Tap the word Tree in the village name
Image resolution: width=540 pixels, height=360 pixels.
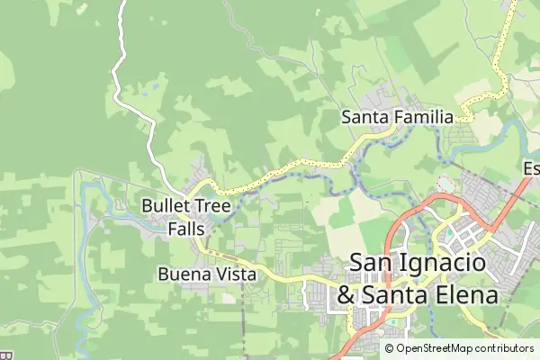[211, 206]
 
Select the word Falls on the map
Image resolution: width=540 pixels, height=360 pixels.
[186, 229]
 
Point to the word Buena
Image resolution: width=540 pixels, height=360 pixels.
[183, 274]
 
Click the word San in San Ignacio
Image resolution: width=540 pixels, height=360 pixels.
[370, 263]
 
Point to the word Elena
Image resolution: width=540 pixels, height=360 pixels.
[467, 295]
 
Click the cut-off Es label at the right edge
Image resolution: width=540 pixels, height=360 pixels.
[531, 168]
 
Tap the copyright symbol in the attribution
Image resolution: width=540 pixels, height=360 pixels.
[390, 348]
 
